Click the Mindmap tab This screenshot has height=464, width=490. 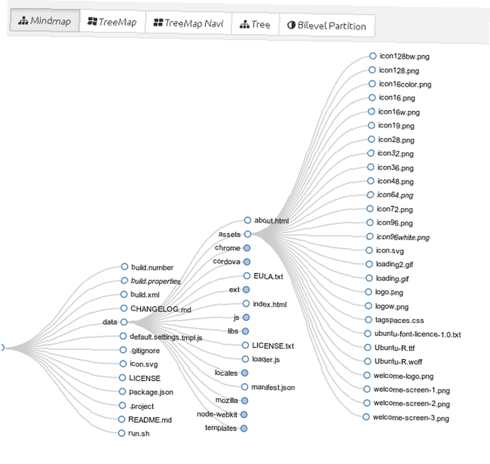45,21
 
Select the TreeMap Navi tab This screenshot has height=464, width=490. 189,23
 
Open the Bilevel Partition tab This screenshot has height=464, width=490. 327,26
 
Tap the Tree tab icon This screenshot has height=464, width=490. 244,25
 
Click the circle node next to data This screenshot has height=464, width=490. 124,322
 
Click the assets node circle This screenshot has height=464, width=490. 247,234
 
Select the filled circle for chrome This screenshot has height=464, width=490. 247,248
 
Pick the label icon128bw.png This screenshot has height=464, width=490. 404,56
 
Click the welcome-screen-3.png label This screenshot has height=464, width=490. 411,418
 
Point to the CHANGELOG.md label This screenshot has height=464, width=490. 161,309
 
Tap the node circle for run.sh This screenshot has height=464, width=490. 122,433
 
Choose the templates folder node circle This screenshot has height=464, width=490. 244,428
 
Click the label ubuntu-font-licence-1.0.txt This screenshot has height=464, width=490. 417,334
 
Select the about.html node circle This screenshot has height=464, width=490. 247,220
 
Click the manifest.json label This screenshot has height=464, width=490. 273,387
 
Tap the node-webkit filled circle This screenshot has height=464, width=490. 244,414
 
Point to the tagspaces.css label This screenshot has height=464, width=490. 399,320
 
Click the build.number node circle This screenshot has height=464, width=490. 124,266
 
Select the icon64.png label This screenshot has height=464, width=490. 395,195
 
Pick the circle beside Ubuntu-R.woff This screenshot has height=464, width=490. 368,361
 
